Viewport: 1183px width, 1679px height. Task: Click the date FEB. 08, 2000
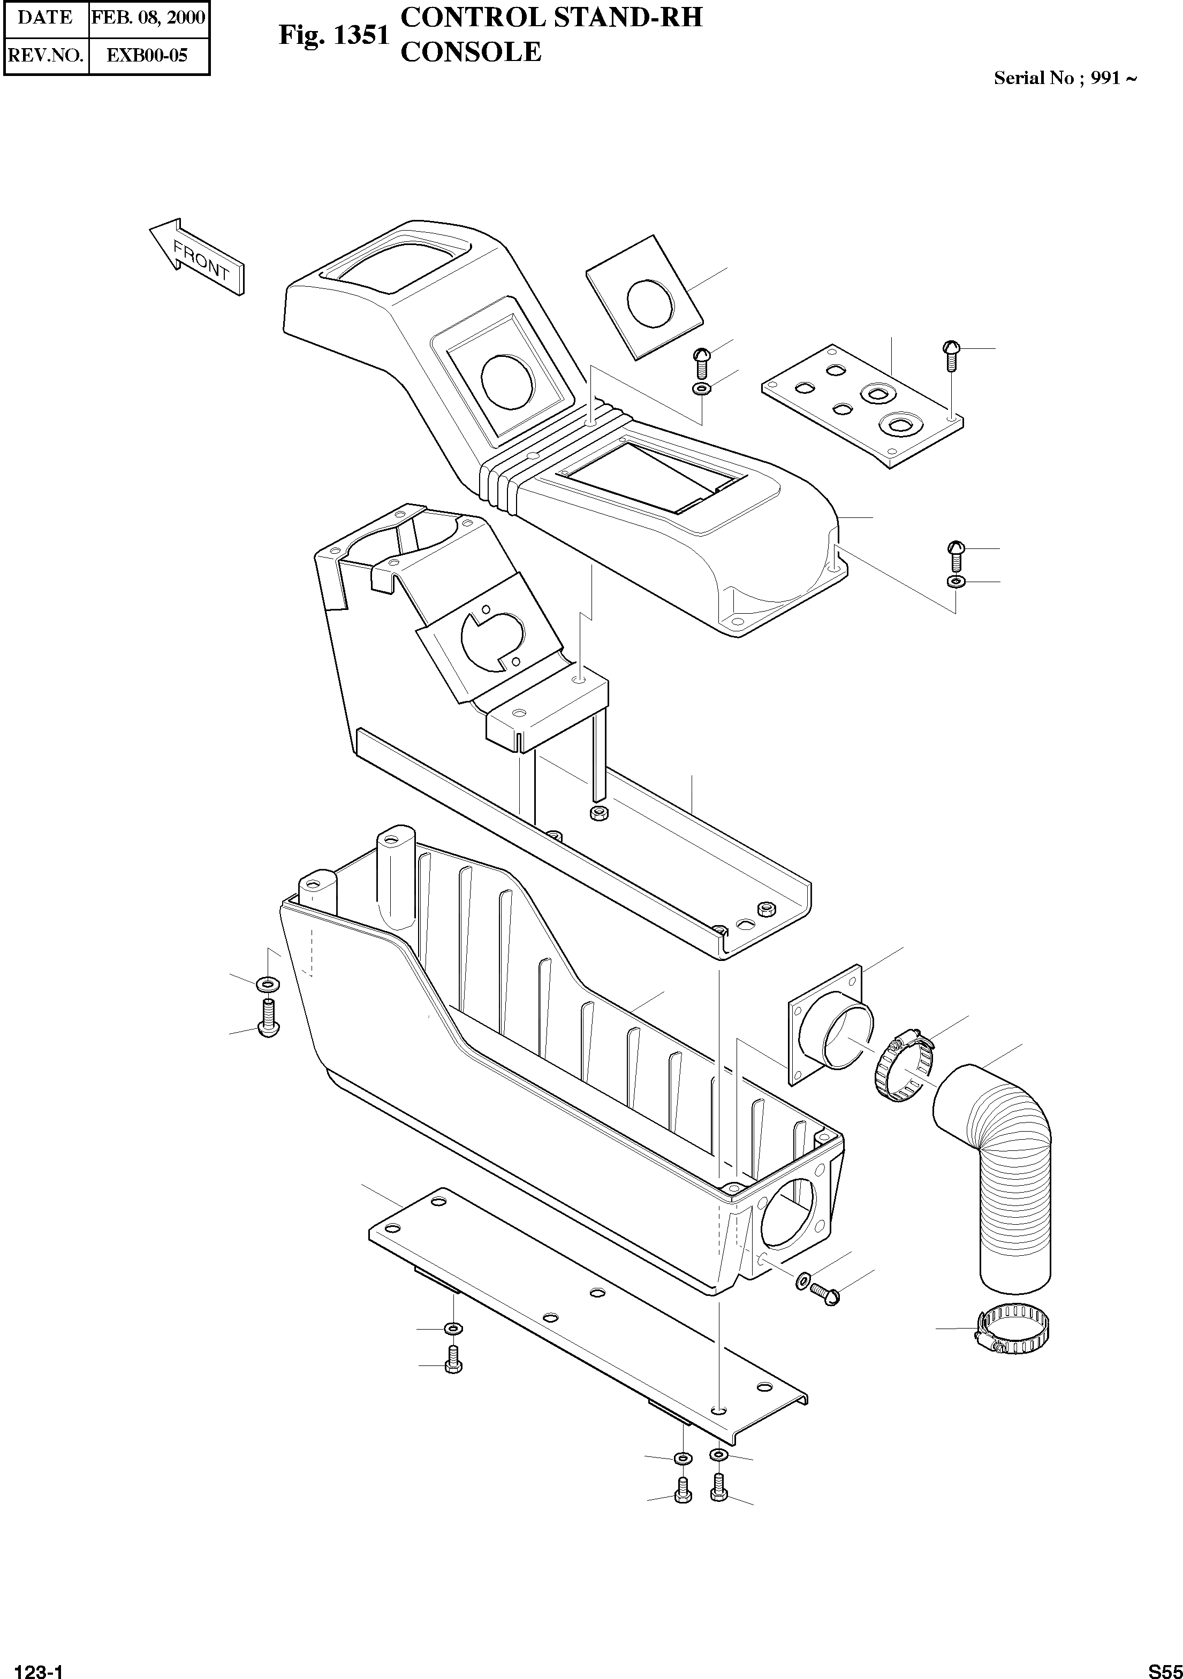pyautogui.click(x=148, y=18)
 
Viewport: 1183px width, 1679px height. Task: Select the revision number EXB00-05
pyautogui.click(x=147, y=55)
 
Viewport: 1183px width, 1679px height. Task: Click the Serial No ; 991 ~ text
pyautogui.click(x=1065, y=78)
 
